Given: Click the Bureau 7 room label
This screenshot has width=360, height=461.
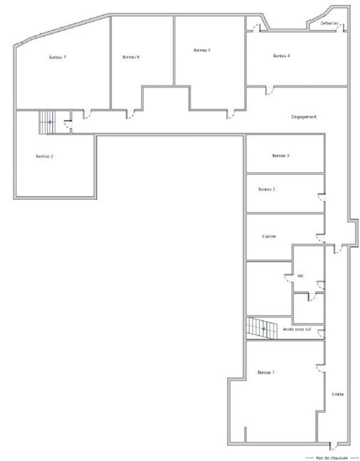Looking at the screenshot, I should pyautogui.click(x=57, y=58).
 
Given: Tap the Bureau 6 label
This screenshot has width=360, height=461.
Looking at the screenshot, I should pyautogui.click(x=130, y=58).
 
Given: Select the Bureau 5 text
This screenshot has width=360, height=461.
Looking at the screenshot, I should pyautogui.click(x=202, y=50).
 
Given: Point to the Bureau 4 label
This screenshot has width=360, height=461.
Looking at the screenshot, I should pyautogui.click(x=281, y=56).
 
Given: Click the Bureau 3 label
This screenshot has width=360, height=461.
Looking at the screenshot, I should pyautogui.click(x=281, y=155).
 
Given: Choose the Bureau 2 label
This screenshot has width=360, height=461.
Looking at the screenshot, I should pyautogui.click(x=267, y=189).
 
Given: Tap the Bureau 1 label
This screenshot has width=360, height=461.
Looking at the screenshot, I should pyautogui.click(x=266, y=372).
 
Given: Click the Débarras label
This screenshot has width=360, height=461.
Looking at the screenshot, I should pyautogui.click(x=329, y=23).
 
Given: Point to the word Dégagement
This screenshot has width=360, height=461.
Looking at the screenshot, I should pyautogui.click(x=304, y=116).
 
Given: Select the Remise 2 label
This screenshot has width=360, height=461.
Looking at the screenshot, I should pyautogui.click(x=44, y=156).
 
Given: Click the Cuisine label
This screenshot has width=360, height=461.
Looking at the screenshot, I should pyautogui.click(x=269, y=237).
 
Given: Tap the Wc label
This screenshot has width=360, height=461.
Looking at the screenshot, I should pyautogui.click(x=301, y=276).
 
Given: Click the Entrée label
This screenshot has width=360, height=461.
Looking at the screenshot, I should pyautogui.click(x=338, y=394).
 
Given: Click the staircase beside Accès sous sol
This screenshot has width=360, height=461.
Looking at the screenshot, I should pyautogui.click(x=262, y=328).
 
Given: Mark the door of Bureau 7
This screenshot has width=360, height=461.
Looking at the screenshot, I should pyautogui.click(x=86, y=113).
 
